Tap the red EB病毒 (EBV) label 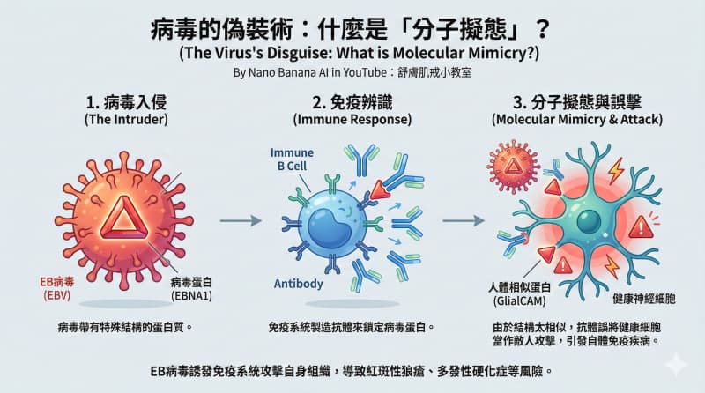coord(57,288)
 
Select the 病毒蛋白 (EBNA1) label coord(191,289)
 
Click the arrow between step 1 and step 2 coord(241,220)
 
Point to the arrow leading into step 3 coord(464,220)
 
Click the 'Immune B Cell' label coord(292,159)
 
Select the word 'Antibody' coord(299,284)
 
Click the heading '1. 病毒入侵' coord(126,102)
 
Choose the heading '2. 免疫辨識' coord(352,102)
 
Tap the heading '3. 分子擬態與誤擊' coord(577,102)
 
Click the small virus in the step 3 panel coord(513,167)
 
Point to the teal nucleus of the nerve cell coord(589,222)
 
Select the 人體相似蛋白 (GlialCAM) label coord(519,294)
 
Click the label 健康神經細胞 coord(644,299)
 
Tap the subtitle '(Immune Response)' coord(352,120)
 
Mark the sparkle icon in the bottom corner coord(676,364)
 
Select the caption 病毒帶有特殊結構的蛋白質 coord(125,327)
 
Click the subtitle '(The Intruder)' coord(126,120)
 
